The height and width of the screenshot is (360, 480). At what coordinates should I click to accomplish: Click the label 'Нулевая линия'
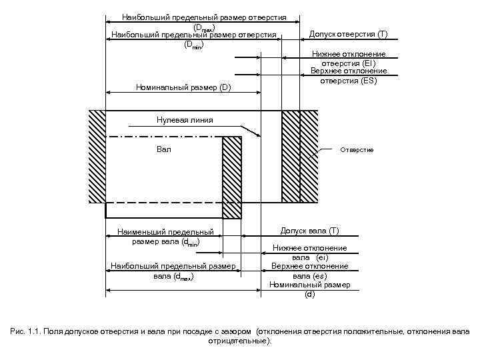pos(185,120)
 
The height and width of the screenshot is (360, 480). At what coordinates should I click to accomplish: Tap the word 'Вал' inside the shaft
pos(164,149)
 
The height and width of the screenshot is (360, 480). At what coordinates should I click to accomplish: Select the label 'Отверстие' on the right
pos(357,150)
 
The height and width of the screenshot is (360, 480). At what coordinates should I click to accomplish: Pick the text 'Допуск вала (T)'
pos(309,231)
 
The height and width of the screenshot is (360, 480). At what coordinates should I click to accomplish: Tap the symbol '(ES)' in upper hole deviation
pos(367,81)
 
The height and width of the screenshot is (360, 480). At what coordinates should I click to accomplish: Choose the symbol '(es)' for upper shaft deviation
pos(318,275)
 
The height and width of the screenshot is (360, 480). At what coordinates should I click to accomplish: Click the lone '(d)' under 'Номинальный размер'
pos(309,294)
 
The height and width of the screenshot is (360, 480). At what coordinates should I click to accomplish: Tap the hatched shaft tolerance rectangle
pos(231,177)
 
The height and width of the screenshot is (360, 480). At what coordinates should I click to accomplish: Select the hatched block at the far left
pos(97,156)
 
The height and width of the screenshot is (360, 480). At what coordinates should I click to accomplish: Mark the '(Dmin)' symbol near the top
pos(193,45)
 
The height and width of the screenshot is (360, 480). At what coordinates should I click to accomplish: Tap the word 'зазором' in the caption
pos(237,331)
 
